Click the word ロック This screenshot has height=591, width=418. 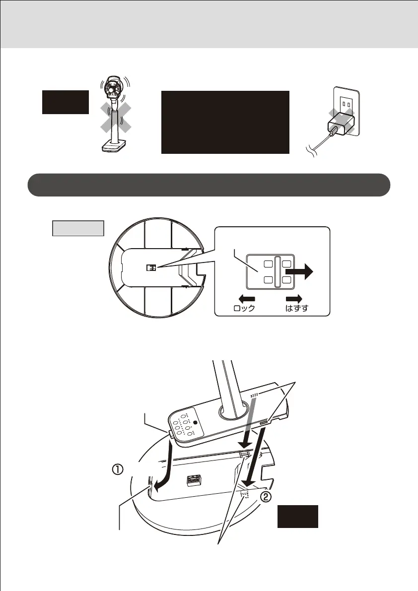pyautogui.click(x=244, y=308)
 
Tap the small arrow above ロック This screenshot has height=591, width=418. pyautogui.click(x=246, y=299)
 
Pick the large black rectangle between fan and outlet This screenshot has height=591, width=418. pyautogui.click(x=225, y=122)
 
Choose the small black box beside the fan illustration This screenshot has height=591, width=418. pyautogui.click(x=66, y=102)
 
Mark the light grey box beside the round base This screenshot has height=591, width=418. pyautogui.click(x=78, y=228)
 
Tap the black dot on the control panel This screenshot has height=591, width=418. pyautogui.click(x=195, y=423)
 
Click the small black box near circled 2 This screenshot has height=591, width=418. pyautogui.click(x=297, y=517)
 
